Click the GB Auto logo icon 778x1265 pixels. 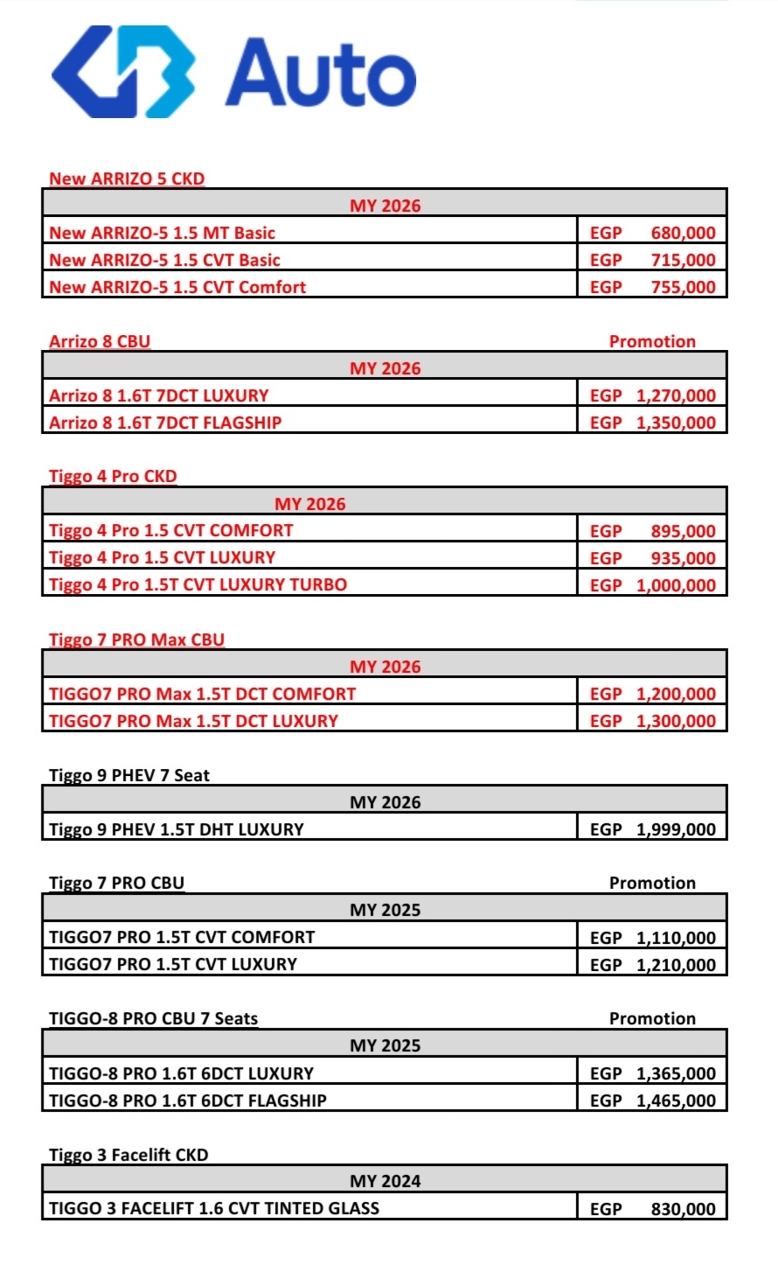(x=123, y=72)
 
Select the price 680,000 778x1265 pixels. (x=683, y=234)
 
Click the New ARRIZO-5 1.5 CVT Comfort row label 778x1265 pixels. (x=177, y=287)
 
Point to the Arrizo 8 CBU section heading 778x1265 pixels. (x=100, y=341)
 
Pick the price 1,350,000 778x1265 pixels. (x=676, y=423)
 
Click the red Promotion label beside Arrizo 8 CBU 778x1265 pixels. (x=652, y=341)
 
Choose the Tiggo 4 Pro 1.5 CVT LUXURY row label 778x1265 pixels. (x=162, y=557)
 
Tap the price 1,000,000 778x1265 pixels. (x=676, y=585)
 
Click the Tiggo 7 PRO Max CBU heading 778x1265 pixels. (x=136, y=639)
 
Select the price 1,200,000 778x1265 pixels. (x=676, y=694)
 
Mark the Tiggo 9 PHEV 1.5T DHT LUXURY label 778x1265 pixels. (x=176, y=829)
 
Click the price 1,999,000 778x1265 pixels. (x=676, y=829)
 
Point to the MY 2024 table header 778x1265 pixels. (x=385, y=1181)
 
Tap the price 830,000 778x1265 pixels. (x=683, y=1209)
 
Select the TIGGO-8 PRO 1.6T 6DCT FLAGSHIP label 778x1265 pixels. (x=187, y=1101)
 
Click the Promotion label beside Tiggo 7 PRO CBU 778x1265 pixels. (x=652, y=883)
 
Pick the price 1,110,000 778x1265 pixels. (x=676, y=938)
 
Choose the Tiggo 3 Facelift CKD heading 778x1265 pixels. (x=129, y=1155)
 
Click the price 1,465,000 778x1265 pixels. (x=676, y=1101)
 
